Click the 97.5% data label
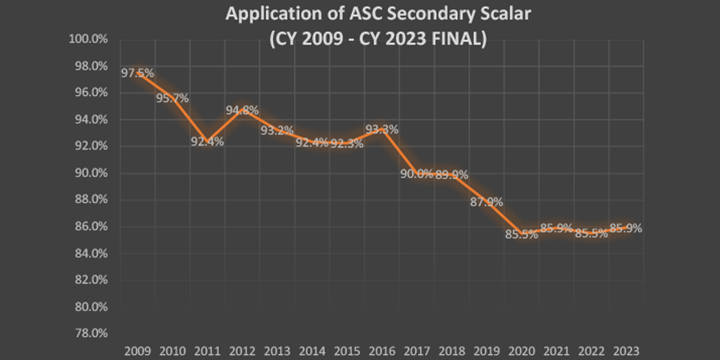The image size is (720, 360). coord(137,73)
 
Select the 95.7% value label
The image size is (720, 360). coord(173,98)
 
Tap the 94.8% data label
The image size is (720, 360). coord(242,110)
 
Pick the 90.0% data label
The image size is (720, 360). coord(416,174)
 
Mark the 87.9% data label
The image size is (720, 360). coord(487,202)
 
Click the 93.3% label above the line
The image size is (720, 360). coord(382,130)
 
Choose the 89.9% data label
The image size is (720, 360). coord(452,175)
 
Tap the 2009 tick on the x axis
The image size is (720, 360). coord(137,350)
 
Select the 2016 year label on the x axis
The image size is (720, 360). coord(382,350)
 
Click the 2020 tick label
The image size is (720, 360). coord(521,350)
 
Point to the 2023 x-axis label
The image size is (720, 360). coord(626,350)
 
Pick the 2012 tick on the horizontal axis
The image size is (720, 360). coord(242,350)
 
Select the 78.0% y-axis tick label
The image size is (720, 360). coord(92,333)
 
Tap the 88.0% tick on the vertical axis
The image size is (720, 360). coord(92,200)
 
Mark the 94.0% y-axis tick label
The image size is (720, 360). coord(92,120)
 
